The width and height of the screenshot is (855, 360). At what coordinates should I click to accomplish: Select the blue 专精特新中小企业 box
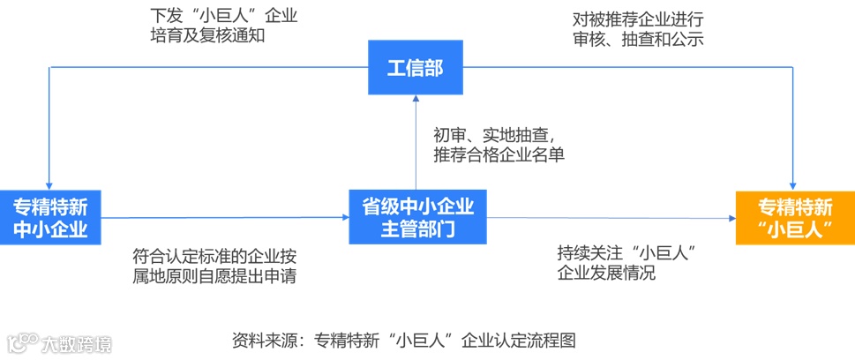point(50,218)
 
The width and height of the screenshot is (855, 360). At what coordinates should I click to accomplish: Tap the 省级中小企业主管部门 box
point(418,218)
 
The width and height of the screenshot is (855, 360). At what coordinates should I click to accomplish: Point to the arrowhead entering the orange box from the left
point(731,218)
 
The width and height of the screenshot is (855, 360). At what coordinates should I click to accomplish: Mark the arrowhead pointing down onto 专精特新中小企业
point(50,185)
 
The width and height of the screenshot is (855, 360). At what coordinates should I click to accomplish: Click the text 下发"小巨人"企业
point(224,16)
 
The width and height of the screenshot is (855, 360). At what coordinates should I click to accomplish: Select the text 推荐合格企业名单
point(499,155)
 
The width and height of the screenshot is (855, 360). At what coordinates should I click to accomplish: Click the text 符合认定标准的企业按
point(214,256)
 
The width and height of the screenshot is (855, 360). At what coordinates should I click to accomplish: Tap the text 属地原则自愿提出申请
point(214,276)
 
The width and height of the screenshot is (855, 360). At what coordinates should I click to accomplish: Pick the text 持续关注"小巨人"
point(628,252)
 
